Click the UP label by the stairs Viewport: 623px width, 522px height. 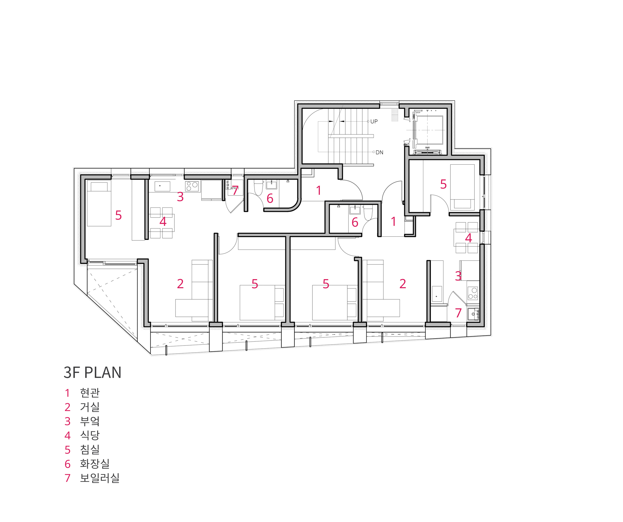374,121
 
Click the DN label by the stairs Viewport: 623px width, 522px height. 379,152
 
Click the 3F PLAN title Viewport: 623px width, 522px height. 92,372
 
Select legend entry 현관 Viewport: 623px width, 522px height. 90,393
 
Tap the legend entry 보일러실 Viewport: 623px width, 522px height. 99,478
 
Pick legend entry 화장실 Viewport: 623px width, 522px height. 95,464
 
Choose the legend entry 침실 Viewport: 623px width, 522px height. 90,450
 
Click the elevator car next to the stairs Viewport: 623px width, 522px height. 430,130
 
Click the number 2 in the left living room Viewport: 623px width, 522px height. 180,284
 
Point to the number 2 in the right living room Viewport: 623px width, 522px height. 402,284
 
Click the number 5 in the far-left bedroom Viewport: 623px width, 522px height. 118,215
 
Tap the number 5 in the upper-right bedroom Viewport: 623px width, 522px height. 443,184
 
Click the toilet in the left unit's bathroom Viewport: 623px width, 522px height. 259,188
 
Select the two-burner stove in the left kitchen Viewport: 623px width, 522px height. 192,186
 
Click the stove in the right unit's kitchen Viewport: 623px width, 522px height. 473,293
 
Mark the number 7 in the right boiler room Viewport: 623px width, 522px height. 458,313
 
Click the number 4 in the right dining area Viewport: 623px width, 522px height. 468,238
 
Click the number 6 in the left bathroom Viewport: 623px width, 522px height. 270,199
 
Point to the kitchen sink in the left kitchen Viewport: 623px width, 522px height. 162,186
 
